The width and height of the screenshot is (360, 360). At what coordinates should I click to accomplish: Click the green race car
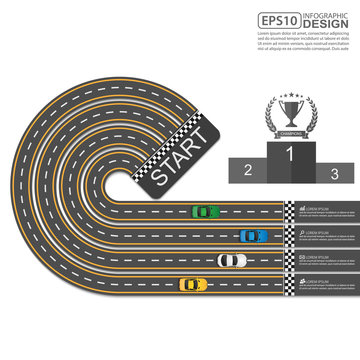(x=204, y=211)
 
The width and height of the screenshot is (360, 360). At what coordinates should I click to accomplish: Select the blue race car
(x=253, y=236)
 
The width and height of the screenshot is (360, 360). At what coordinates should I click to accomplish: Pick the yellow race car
(x=193, y=285)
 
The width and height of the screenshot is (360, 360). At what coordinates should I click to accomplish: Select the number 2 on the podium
(x=247, y=170)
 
